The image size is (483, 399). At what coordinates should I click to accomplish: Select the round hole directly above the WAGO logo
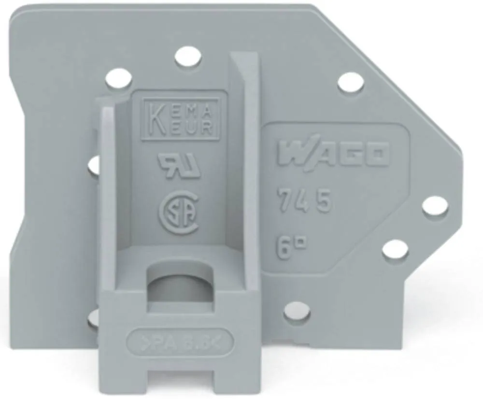pos(350,83)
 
